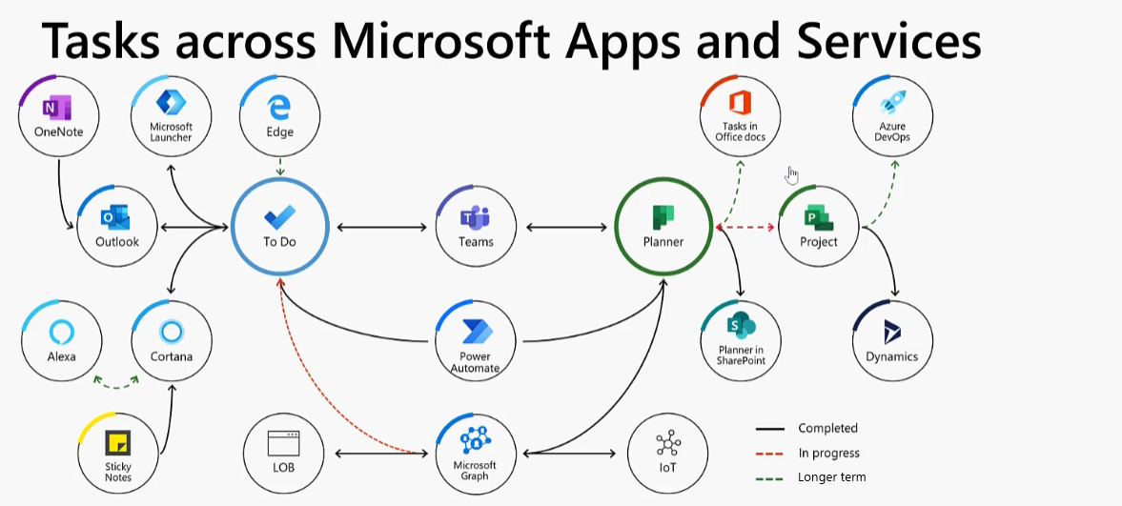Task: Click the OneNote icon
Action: [x=57, y=109]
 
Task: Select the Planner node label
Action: [x=663, y=242]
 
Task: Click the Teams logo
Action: [x=475, y=216]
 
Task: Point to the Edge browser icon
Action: [x=279, y=108]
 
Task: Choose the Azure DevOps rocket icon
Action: [x=892, y=103]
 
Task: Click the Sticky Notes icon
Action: [x=118, y=443]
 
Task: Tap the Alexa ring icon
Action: [x=62, y=332]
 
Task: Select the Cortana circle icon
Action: [x=171, y=332]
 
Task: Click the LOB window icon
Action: [x=283, y=444]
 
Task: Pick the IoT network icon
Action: [x=667, y=444]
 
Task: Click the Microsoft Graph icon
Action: [x=475, y=439]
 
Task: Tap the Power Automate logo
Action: [x=475, y=332]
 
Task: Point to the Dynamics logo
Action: [x=892, y=332]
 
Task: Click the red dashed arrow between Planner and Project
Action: [x=745, y=227]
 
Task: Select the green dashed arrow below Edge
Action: [x=279, y=167]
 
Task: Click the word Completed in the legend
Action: [x=827, y=428]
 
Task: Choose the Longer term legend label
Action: [x=831, y=476]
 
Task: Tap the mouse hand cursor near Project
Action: [x=791, y=174]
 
